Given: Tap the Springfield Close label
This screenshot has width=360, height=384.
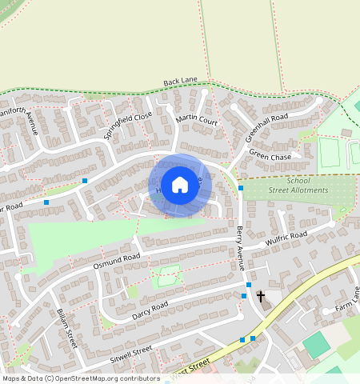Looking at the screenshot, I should point(128,126).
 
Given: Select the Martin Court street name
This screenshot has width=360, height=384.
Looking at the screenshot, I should point(197,121).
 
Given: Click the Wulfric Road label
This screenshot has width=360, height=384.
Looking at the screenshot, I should point(286,239).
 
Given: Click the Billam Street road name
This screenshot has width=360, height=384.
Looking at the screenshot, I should point(65,328).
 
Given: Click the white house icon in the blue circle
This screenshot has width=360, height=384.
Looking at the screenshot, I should point(180,186).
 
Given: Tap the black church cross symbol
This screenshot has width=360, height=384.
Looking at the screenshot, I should point(260,297).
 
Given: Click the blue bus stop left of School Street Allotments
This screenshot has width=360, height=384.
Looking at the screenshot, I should point(241,187).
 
